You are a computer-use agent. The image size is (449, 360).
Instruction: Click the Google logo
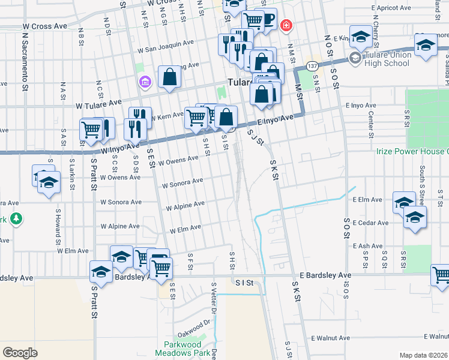point(20,352)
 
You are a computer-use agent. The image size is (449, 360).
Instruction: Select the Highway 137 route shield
point(312,65)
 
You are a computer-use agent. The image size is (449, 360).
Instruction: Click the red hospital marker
point(286,25)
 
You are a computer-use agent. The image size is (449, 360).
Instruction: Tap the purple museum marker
point(145,81)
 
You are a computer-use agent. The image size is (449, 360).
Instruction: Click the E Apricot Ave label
point(394,8)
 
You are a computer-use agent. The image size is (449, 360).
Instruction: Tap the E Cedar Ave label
point(367,223)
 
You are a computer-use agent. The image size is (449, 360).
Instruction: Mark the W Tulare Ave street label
point(98,104)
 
